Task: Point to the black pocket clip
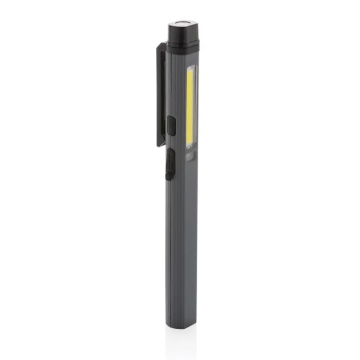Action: coord(161,93)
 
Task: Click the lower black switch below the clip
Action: coord(170,164)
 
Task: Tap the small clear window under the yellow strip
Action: coord(190,156)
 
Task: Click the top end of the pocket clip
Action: coord(161,46)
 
